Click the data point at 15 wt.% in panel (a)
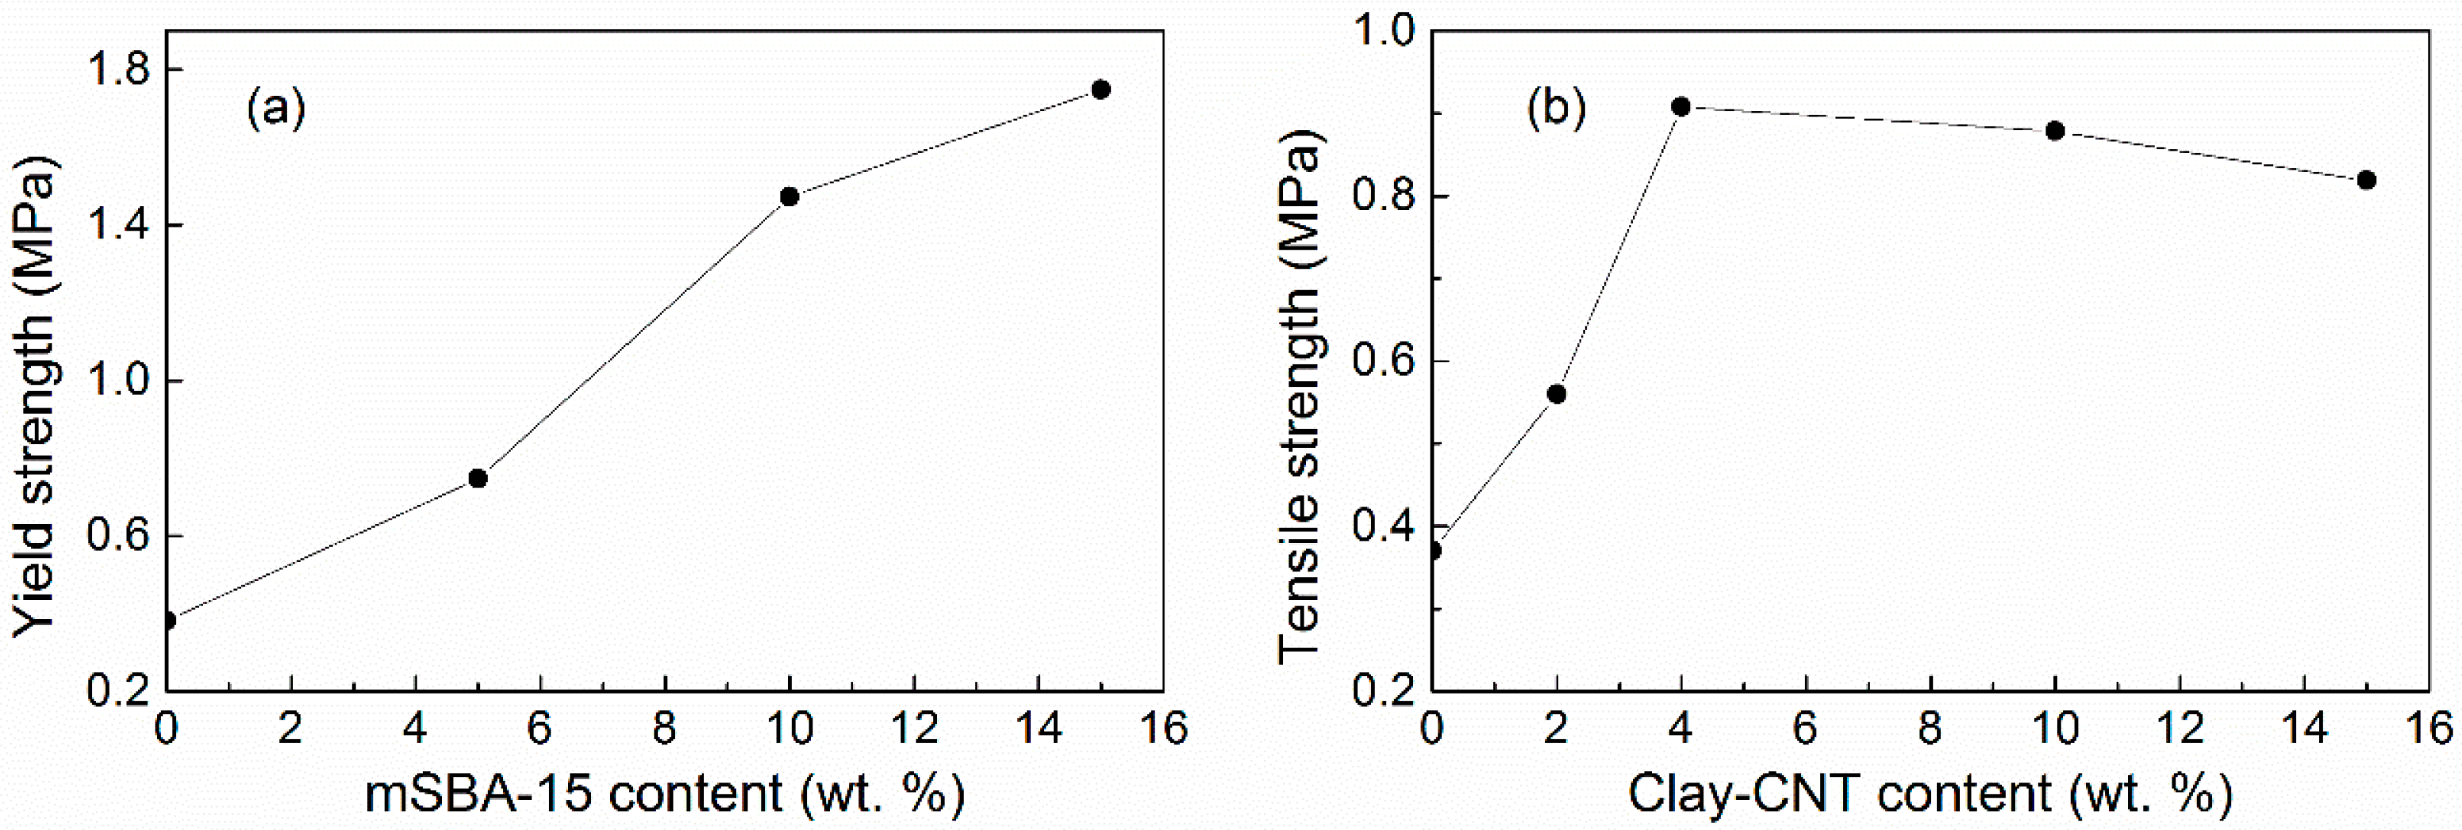pyautogui.click(x=1100, y=90)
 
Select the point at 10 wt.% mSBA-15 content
pyautogui.click(x=789, y=197)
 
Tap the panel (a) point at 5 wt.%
pyautogui.click(x=478, y=477)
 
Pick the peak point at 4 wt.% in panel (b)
pyautogui.click(x=1680, y=106)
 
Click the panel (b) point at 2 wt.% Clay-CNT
pyautogui.click(x=1556, y=393)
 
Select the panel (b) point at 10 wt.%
pyautogui.click(x=2055, y=131)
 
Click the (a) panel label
pyautogui.click(x=276, y=108)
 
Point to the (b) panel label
pyautogui.click(x=1556, y=108)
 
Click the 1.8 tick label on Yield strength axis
pyautogui.click(x=117, y=70)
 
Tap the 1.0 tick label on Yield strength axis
pyautogui.click(x=117, y=381)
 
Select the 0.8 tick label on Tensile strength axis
pyautogui.click(x=1384, y=197)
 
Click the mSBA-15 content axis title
pyautogui.click(x=664, y=794)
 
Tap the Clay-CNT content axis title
pyautogui.click(x=1930, y=794)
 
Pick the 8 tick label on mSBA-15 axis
pyautogui.click(x=664, y=729)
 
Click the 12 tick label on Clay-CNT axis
pyautogui.click(x=2179, y=729)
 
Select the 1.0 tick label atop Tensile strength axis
pyautogui.click(x=1384, y=32)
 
